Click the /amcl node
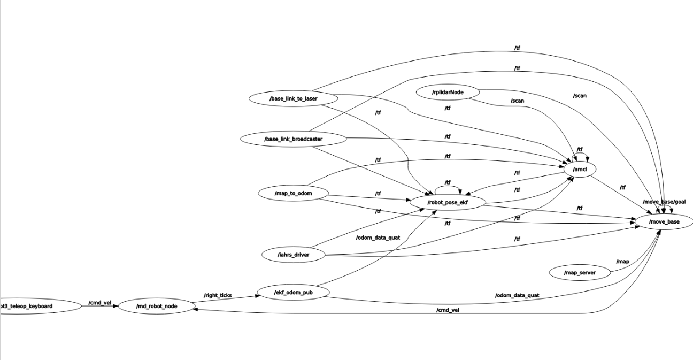tap(580, 169)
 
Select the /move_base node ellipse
tap(664, 221)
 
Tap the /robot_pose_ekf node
tap(448, 202)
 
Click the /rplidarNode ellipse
tap(448, 92)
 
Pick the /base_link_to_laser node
tap(294, 98)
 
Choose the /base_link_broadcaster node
tap(294, 139)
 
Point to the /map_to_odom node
tap(293, 193)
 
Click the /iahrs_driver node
tap(293, 255)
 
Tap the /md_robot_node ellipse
tap(156, 307)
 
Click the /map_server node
tap(580, 273)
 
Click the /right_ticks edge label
tap(218, 295)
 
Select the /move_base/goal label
tap(664, 202)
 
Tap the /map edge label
tap(622, 262)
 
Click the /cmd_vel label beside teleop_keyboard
tap(99, 303)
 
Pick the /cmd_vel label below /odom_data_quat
tap(448, 310)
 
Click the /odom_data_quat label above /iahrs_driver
tap(378, 238)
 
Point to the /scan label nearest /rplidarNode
tap(517, 101)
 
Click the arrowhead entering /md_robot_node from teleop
tap(115, 307)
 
